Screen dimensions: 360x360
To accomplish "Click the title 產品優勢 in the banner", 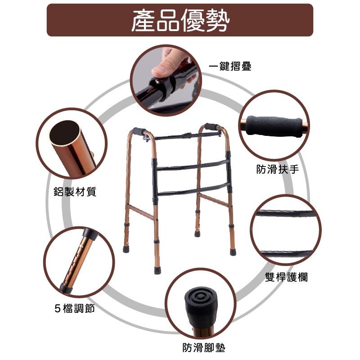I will (180, 20).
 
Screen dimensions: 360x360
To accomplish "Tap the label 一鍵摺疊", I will (230, 67).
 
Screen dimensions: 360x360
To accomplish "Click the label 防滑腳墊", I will (204, 347).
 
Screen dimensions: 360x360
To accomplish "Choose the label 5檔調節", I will (74, 309).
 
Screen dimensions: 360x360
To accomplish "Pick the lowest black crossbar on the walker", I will (191, 192).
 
